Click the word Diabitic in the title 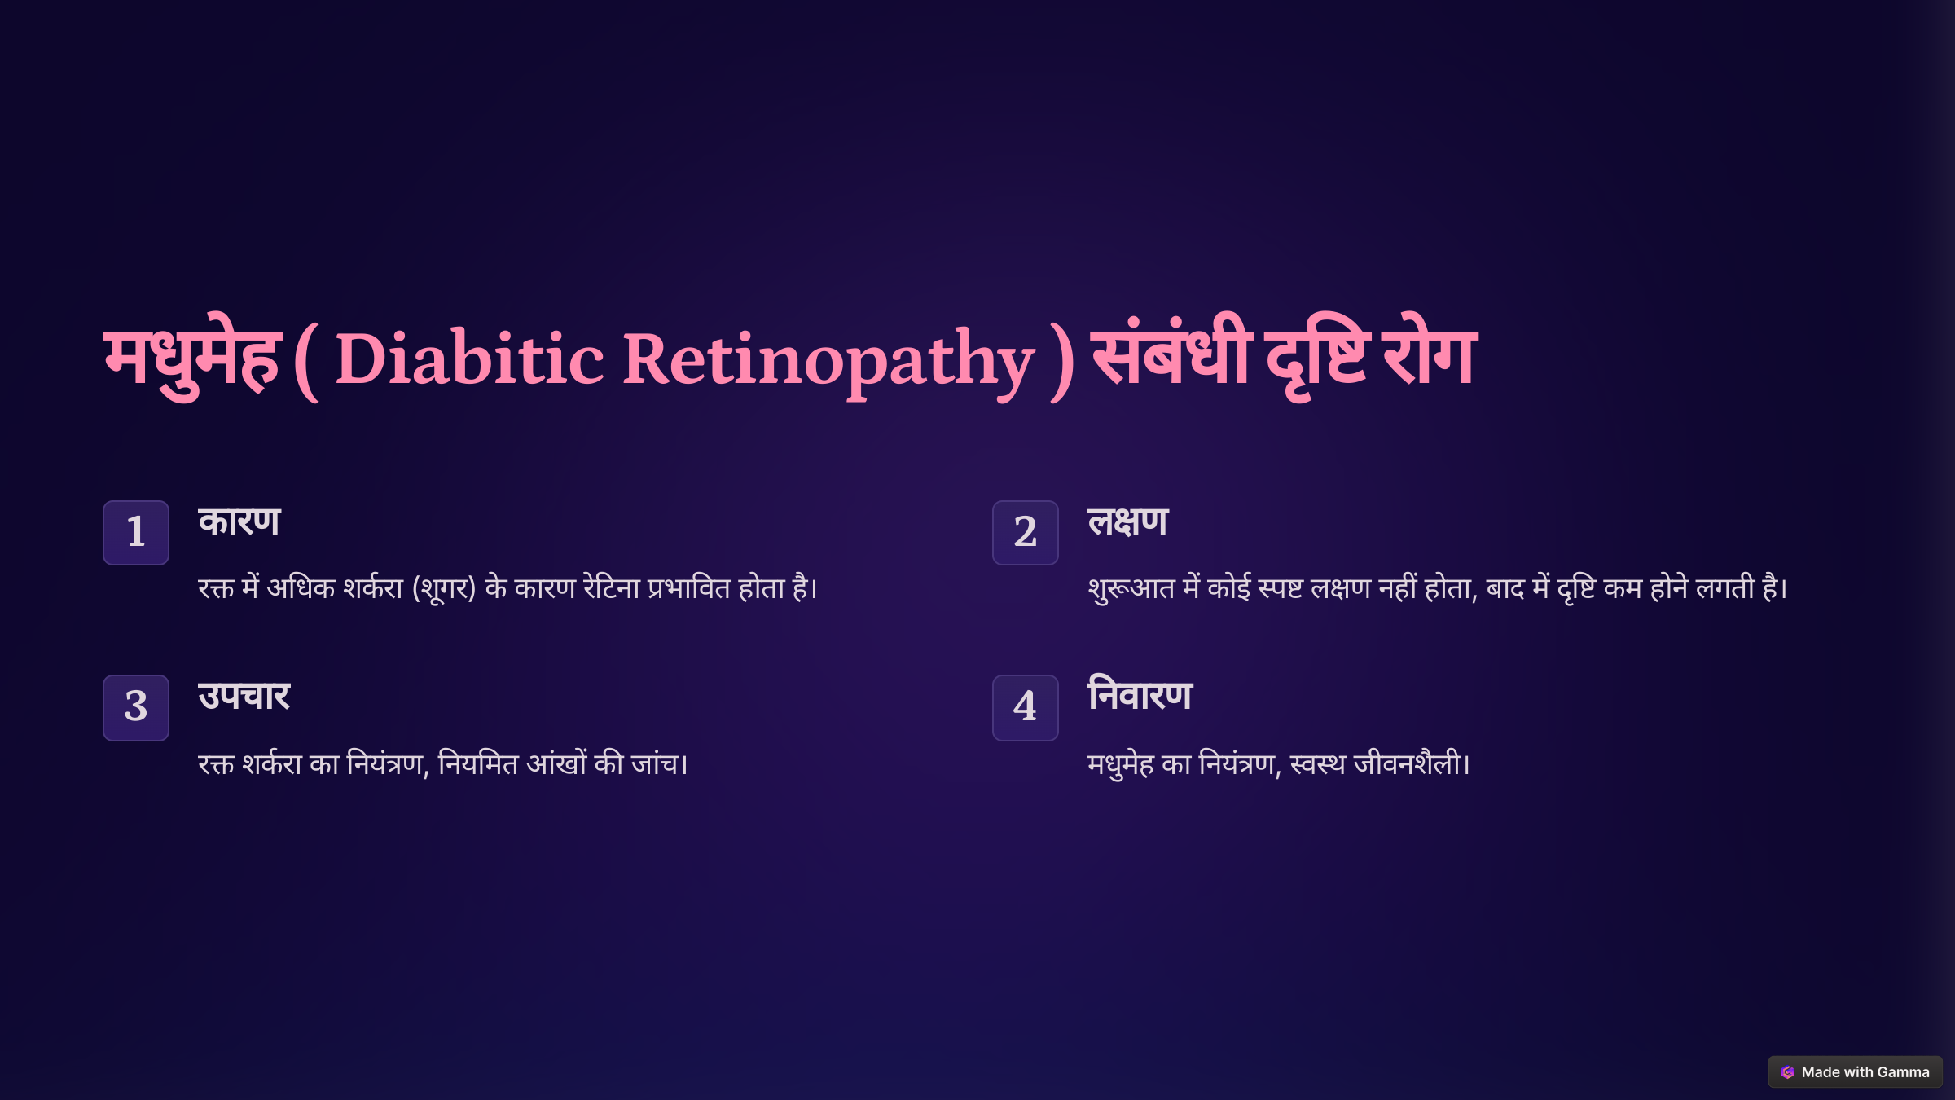pos(470,359)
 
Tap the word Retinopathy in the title pos(828,363)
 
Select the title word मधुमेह pos(192,359)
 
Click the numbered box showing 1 pos(136,532)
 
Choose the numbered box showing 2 pos(1026,532)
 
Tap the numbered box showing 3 pos(136,707)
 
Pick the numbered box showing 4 pos(1026,707)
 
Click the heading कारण pos(239,521)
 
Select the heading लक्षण pos(1128,521)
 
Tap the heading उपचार pos(244,697)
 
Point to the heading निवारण pos(1140,695)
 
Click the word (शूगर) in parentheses pos(444,588)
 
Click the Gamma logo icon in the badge pos(1787,1072)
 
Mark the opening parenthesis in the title pos(305,361)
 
